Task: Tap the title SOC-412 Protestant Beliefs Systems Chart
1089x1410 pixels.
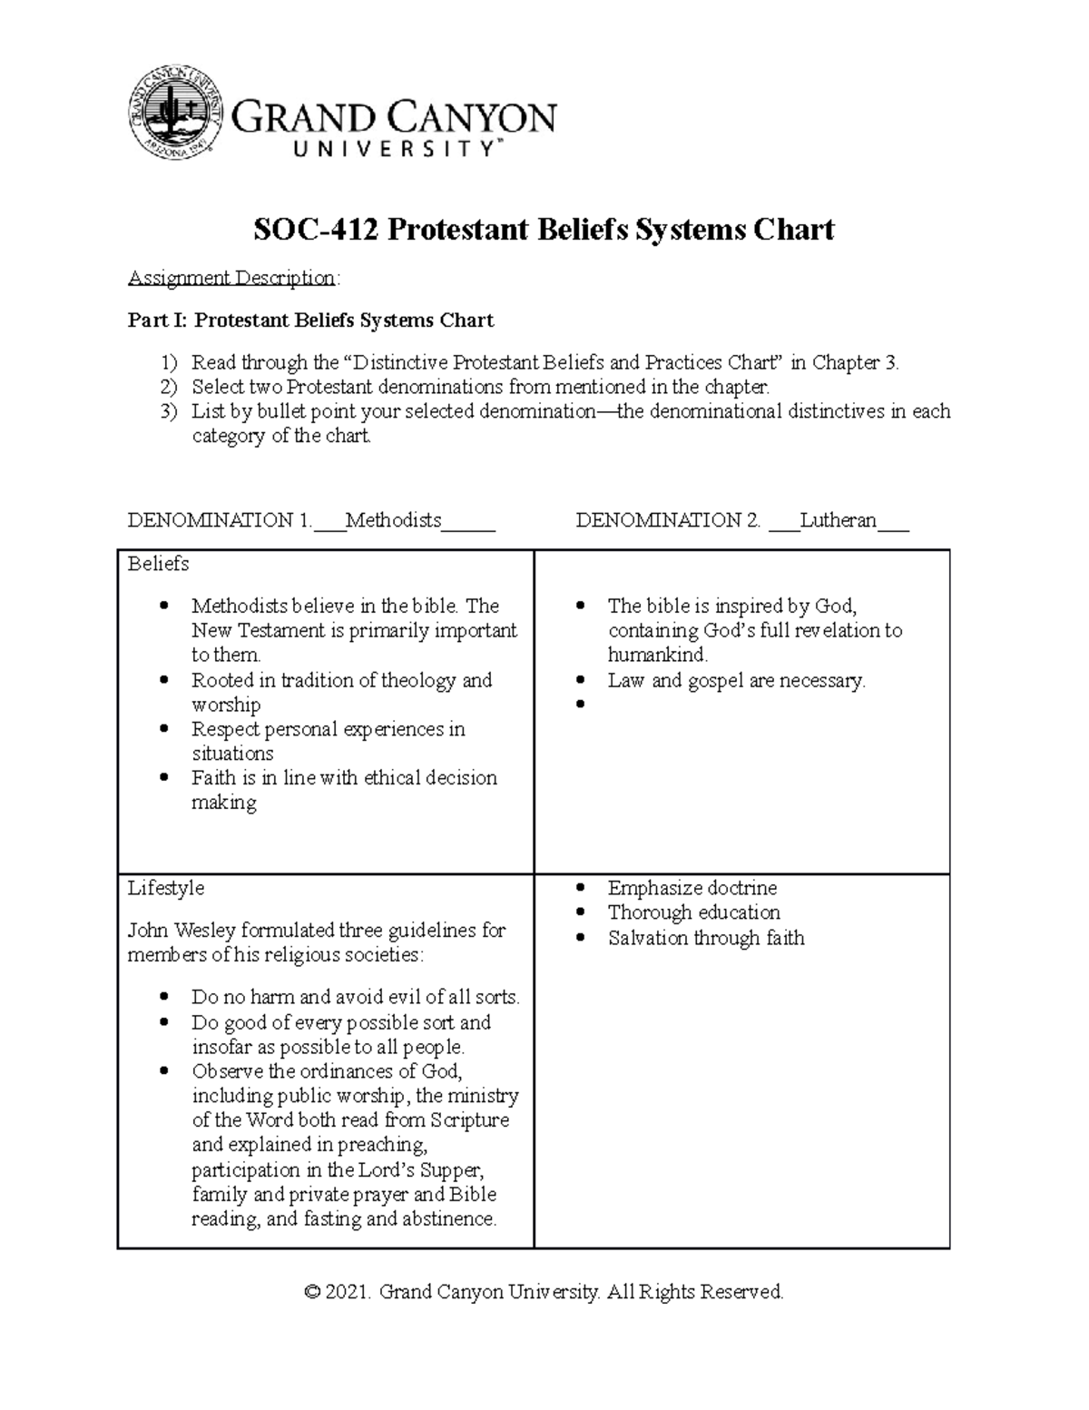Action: [544, 230]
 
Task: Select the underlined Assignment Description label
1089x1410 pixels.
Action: [231, 278]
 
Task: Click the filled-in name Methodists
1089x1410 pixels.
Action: [393, 520]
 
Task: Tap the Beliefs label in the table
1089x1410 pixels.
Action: [158, 564]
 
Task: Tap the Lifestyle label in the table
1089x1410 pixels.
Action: [165, 888]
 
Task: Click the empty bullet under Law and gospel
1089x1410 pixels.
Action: [582, 705]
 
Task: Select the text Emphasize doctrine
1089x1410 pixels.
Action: [692, 888]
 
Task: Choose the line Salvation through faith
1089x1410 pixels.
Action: [706, 938]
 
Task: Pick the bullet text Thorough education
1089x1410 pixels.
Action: [693, 912]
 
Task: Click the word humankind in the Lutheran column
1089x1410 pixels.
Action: [657, 655]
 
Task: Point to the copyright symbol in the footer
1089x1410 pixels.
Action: [314, 1292]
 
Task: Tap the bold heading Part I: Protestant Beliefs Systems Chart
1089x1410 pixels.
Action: [310, 320]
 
